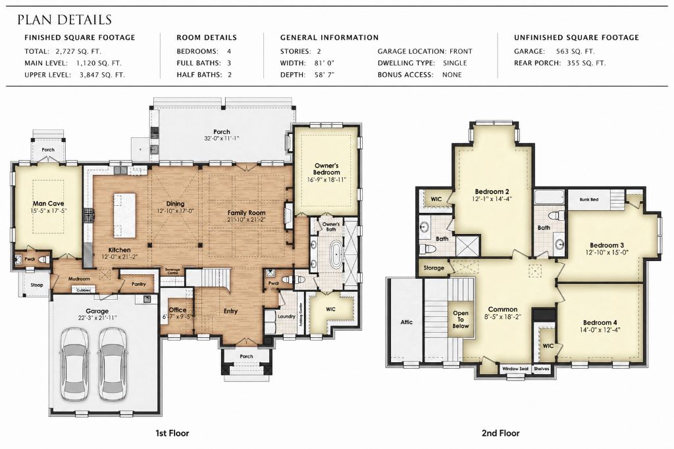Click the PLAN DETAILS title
pos(65,20)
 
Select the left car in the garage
pos(75,364)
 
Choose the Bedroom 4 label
pos(600,322)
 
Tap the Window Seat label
pos(515,368)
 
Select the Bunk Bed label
pos(588,199)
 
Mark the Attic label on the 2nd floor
pos(406,322)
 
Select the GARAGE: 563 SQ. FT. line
pos(554,51)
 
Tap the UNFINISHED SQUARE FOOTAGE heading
pos(576,37)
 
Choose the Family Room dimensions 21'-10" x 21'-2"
pos(247,220)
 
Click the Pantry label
pos(138,284)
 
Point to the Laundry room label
pos(286,316)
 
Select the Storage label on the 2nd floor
pos(434,268)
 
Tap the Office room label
pos(177,310)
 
